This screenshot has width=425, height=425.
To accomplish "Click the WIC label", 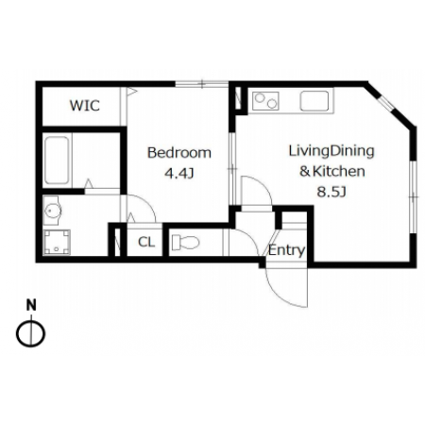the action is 85,106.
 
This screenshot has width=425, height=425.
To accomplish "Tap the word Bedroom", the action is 179,153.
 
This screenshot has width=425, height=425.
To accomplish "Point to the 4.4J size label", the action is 179,173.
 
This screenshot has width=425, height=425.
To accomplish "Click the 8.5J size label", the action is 331,192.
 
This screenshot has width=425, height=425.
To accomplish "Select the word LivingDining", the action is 331,151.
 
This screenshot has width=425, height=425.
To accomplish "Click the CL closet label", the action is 146,242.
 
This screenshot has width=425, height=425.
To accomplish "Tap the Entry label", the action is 286,250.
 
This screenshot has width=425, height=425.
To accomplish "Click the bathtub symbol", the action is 57,161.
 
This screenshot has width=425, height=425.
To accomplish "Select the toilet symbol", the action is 185,243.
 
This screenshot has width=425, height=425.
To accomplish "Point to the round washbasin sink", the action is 52,211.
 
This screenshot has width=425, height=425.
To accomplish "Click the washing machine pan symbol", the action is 57,242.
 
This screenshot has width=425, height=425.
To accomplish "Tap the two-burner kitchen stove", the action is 265,101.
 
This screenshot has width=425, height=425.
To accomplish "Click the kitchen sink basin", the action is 314,101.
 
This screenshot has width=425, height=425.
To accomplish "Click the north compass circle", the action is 31,333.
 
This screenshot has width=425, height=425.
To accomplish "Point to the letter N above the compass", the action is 31,305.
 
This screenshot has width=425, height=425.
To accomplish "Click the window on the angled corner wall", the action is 386,103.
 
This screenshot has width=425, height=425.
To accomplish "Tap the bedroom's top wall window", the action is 202,84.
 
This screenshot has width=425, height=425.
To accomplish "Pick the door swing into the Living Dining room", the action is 263,186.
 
